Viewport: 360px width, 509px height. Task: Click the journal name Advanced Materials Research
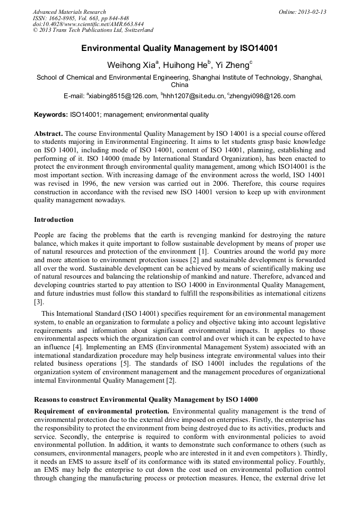click(69, 12)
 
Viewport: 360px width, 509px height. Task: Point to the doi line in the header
click(88, 24)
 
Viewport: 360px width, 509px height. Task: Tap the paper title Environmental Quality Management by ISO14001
click(179, 48)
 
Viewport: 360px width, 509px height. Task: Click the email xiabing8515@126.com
click(123, 96)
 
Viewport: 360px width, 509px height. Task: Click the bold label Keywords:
click(51, 115)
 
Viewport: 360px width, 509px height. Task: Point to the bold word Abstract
click(48, 134)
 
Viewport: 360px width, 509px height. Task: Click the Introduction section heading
click(54, 219)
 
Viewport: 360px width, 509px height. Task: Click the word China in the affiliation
click(179, 84)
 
